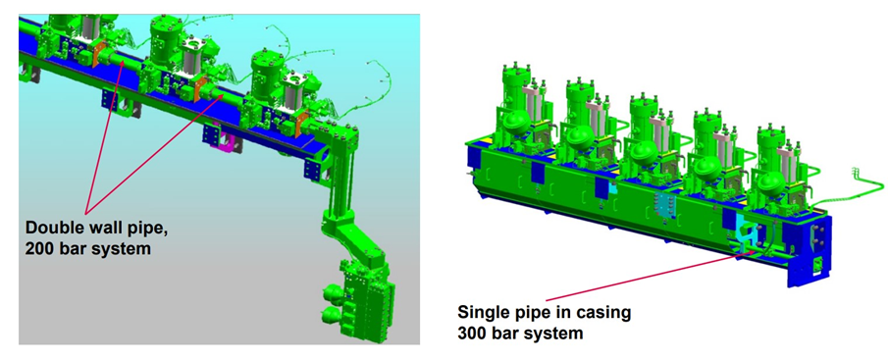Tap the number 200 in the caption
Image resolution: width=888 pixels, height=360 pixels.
coord(38,248)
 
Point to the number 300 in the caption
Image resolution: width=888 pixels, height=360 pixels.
coord(471,334)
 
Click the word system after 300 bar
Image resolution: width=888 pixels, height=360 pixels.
coord(555,334)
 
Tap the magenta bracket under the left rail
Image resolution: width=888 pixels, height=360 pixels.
coord(223,139)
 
